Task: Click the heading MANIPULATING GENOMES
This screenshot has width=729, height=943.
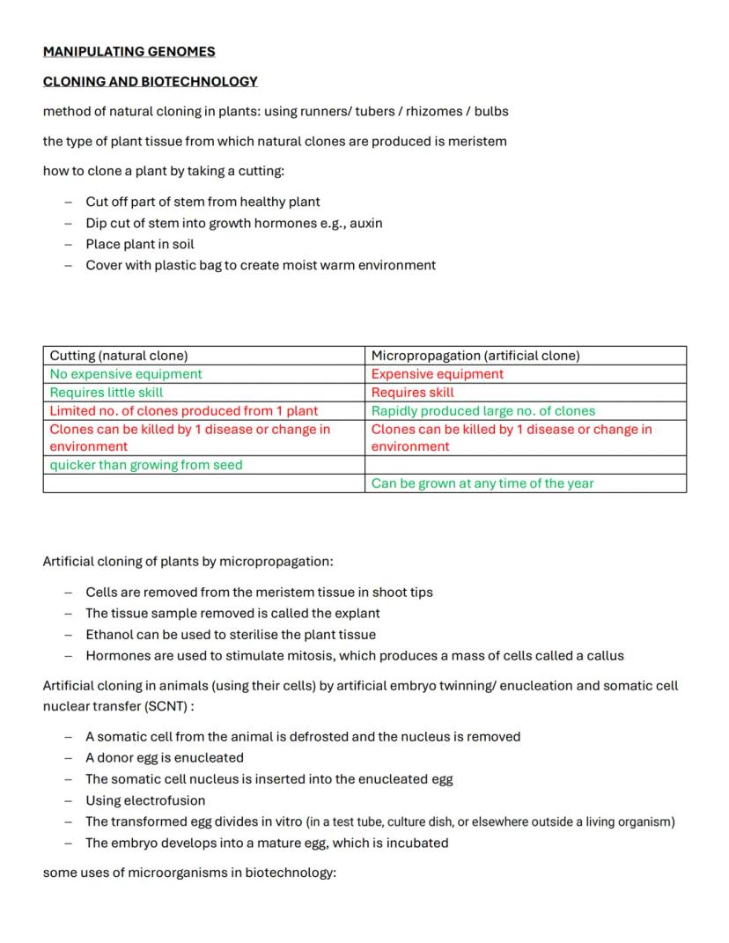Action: coord(129,52)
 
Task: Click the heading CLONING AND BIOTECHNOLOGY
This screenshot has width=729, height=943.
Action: coord(150,82)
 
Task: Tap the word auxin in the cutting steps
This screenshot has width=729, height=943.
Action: coord(366,223)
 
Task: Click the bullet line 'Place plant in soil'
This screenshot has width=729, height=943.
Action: coord(139,244)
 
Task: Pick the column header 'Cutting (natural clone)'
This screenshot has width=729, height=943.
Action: coord(119,356)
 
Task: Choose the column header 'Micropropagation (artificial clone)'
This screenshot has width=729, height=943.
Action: coord(475,356)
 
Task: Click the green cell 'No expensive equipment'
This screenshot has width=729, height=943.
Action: coord(126,374)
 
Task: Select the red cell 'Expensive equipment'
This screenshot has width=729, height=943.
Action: coord(438,374)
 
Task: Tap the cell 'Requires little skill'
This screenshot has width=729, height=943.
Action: coord(107,393)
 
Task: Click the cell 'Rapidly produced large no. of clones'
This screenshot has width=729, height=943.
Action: coord(483,411)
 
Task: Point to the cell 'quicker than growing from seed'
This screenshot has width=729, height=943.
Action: coord(146,465)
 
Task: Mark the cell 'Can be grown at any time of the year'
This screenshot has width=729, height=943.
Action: coord(482,483)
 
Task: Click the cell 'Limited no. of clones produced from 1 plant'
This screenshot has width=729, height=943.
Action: coord(184,411)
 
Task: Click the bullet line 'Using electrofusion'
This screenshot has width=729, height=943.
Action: coord(145,800)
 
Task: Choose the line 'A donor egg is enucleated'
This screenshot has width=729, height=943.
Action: coord(165,757)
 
